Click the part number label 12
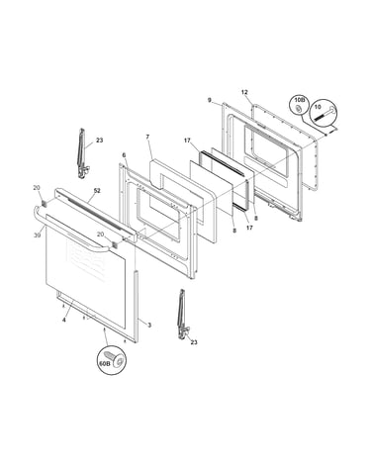click(x=244, y=92)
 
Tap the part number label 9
click(x=210, y=100)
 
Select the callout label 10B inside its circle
click(x=299, y=100)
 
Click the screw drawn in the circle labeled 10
click(x=325, y=114)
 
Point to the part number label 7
click(x=147, y=137)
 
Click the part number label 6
click(x=124, y=155)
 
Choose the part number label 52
click(x=97, y=191)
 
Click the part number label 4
click(x=64, y=320)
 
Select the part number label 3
click(x=149, y=326)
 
